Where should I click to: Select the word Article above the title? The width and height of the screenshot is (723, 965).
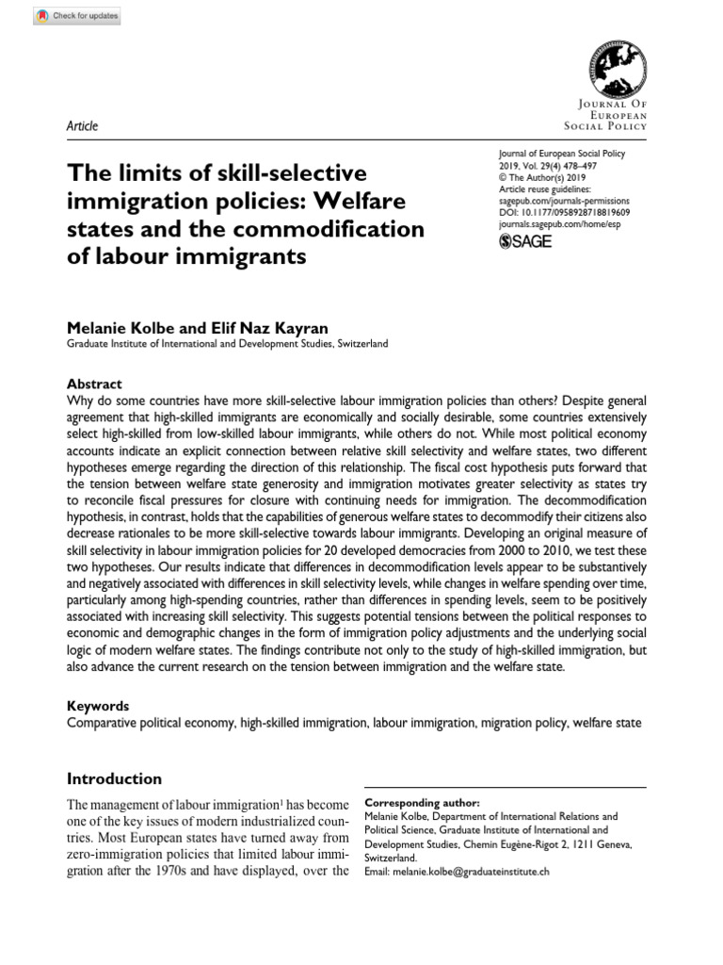click(x=83, y=126)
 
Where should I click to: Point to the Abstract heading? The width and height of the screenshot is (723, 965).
click(x=94, y=384)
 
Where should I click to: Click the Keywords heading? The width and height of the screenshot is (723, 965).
click(x=98, y=706)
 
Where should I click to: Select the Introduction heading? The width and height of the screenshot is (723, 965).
click(x=114, y=779)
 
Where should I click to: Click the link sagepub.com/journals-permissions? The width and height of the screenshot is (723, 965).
click(x=562, y=201)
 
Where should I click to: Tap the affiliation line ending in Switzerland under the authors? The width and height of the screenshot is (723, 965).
click(x=227, y=345)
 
